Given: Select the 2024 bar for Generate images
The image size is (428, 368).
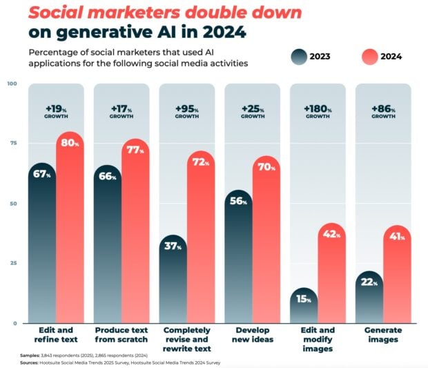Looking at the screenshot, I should [x=396, y=276].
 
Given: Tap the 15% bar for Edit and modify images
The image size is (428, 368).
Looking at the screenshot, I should [x=303, y=307].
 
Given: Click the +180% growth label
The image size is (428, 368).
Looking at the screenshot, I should [x=318, y=112].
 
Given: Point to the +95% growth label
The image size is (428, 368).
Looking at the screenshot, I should [x=187, y=112].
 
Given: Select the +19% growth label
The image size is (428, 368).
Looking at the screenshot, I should [x=56, y=112].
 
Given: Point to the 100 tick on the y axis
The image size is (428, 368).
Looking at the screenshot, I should [x=12, y=84].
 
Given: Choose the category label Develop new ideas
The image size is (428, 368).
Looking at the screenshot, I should [x=252, y=335].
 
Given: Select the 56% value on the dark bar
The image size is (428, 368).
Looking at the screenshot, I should [x=238, y=201].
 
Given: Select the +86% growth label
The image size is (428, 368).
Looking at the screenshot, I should [x=383, y=112].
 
